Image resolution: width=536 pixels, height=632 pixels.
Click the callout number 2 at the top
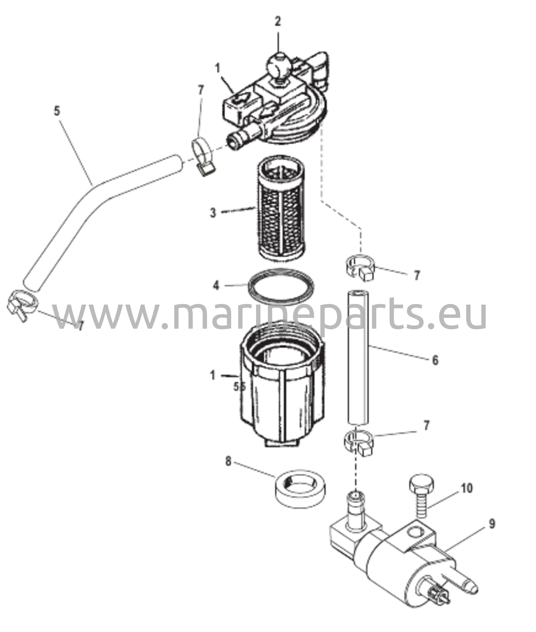278,22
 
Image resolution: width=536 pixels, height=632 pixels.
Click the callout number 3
213,213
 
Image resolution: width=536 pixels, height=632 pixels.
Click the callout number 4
216,285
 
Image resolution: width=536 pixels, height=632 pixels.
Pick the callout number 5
57,111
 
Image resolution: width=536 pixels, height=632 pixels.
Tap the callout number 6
435,360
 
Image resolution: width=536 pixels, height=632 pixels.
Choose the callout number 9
492,524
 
